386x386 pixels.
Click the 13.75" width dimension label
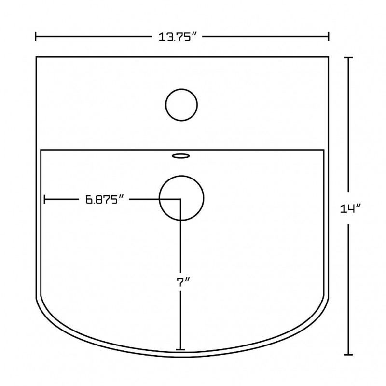[178, 37]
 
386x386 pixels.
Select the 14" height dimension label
[351, 208]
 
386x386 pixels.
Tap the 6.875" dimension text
[104, 199]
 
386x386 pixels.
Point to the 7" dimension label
[184, 282]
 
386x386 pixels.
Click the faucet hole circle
[181, 89]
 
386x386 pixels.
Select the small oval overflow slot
[181, 156]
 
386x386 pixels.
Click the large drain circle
[181, 176]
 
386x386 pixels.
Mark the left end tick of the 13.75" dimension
[36, 37]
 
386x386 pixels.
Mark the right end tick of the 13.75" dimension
[329, 37]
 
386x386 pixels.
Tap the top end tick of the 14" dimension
[348, 58]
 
